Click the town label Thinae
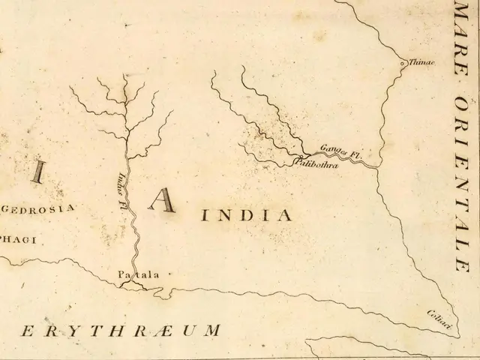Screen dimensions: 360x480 coord(421,63)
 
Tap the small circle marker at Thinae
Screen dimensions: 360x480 coord(403,64)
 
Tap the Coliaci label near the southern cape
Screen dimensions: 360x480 coord(439,318)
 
